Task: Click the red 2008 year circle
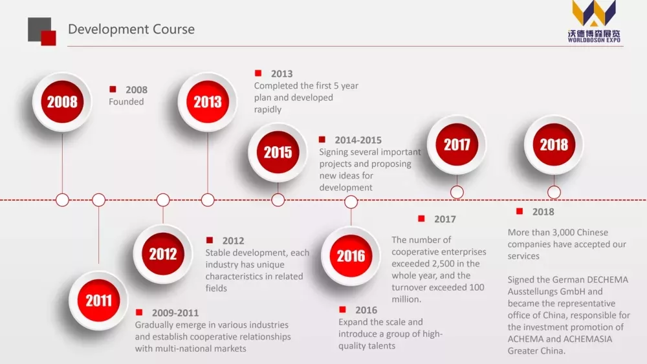point(62,102)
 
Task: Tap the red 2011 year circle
point(98,301)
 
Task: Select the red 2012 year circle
point(163,254)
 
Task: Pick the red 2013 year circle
point(208,102)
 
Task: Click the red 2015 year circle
point(278,153)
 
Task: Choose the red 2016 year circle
point(351,256)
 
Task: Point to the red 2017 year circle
point(457,145)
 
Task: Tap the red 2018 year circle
point(554,145)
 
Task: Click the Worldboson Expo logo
point(594,21)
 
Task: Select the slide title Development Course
point(131,29)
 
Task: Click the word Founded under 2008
point(126,102)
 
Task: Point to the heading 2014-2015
point(358,140)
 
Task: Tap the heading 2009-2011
point(175,313)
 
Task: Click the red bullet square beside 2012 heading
point(210,240)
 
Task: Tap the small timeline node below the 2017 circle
point(457,192)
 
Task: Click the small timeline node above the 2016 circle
point(351,202)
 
